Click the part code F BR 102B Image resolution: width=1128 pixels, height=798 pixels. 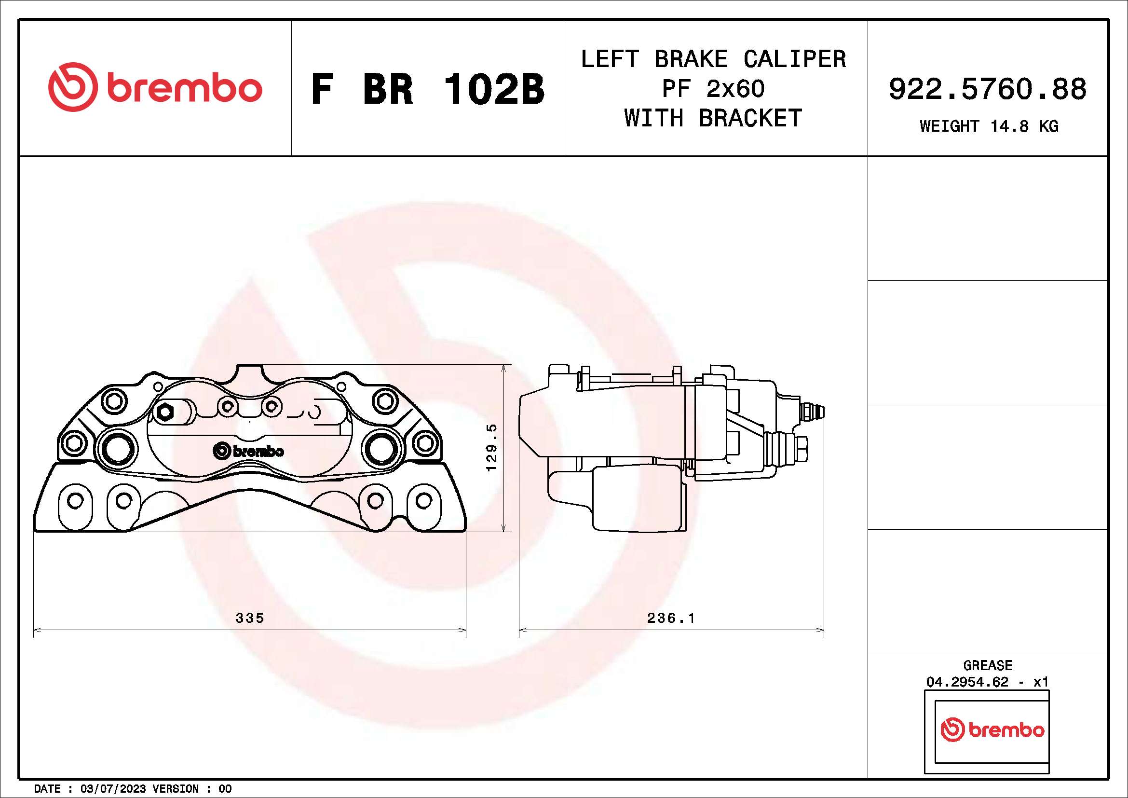tap(427, 89)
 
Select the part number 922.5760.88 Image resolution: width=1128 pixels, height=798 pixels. tap(988, 89)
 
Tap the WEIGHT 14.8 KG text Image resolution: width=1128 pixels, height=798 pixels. tap(989, 126)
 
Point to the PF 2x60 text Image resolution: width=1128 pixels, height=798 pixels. tap(713, 89)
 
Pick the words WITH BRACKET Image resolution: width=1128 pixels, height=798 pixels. tap(713, 118)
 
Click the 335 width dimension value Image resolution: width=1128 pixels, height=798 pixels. tap(250, 618)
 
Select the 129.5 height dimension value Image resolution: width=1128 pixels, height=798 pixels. tap(491, 448)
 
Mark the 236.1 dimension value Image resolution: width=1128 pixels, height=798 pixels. tap(671, 618)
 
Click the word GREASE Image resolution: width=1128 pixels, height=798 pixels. tap(988, 665)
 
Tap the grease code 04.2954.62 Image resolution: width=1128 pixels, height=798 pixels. tap(967, 682)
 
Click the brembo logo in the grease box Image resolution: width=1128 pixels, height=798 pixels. tap(992, 730)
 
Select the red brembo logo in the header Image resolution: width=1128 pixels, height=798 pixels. tap(155, 87)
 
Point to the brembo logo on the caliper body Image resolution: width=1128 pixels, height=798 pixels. tap(248, 451)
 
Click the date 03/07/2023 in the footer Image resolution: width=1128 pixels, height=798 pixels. tap(113, 789)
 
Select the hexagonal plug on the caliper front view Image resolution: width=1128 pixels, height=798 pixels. tap(164, 412)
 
